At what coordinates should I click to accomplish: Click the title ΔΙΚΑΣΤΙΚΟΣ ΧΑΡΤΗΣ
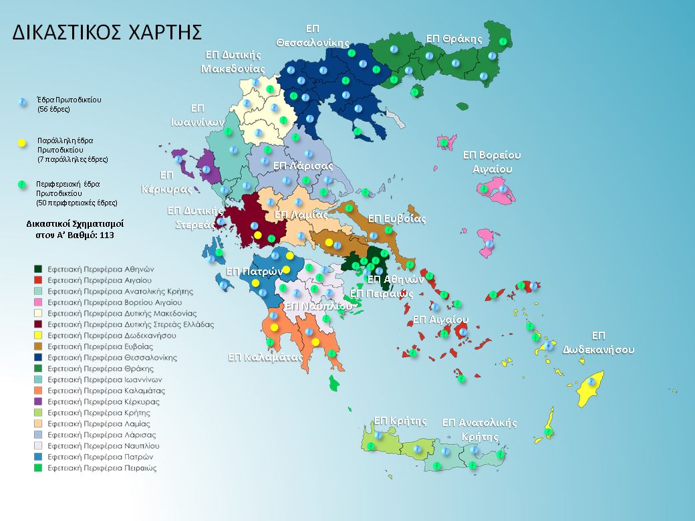(107, 33)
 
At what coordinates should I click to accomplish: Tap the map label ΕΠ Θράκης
(454, 38)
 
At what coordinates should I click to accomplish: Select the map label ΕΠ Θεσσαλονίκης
(311, 35)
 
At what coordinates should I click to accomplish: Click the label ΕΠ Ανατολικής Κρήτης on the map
(480, 429)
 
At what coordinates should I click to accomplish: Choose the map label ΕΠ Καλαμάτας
(265, 356)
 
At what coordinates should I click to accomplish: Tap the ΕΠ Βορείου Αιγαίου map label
(492, 163)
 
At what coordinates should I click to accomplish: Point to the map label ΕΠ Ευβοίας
(396, 219)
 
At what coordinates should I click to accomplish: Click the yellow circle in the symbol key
(21, 143)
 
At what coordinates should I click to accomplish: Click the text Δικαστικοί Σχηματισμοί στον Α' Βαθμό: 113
(75, 229)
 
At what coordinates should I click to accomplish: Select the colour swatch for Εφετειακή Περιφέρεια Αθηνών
(39, 269)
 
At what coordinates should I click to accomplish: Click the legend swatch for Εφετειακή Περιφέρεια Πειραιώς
(39, 468)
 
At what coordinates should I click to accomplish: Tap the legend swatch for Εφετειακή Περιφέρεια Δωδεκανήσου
(39, 335)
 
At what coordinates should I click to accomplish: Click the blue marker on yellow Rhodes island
(591, 382)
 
